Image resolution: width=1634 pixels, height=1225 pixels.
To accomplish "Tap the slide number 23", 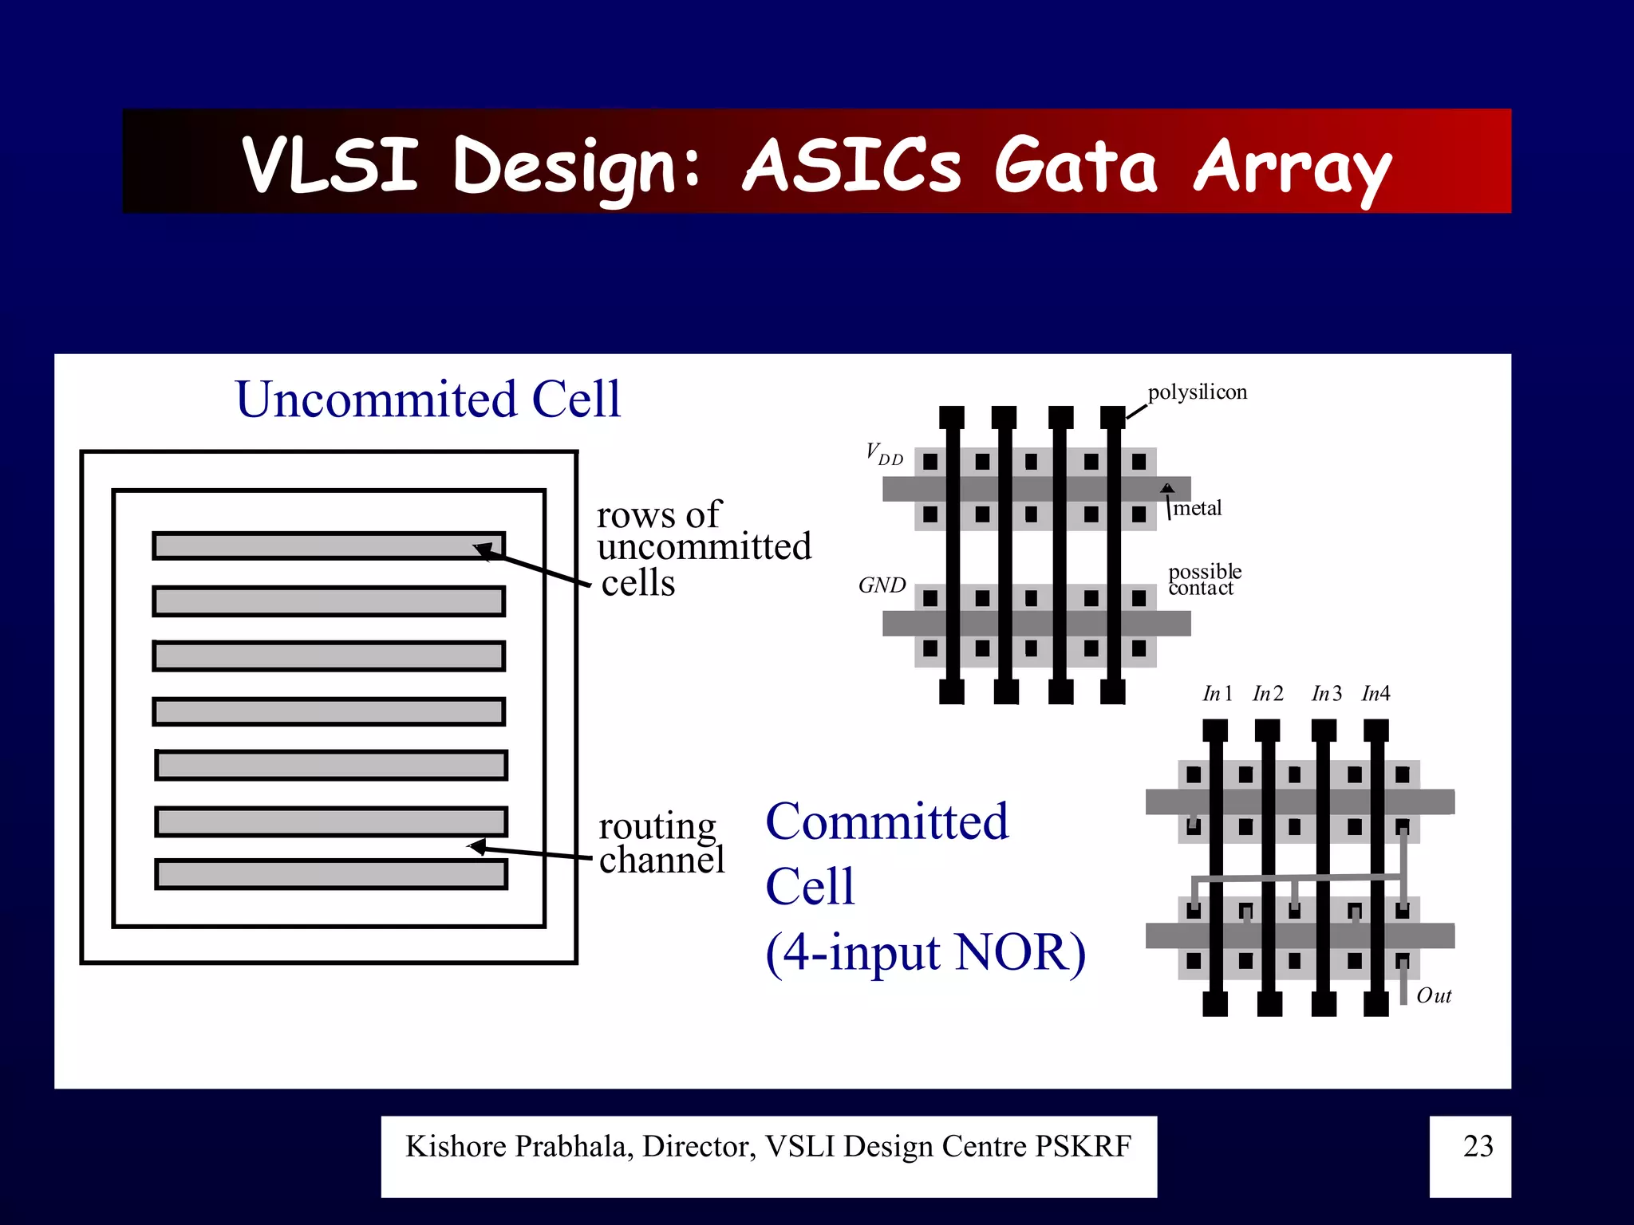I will pyautogui.click(x=1478, y=1146).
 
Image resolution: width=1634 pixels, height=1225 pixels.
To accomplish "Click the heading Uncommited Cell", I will pyautogui.click(x=428, y=399).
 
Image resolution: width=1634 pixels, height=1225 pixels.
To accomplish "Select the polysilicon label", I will pyautogui.click(x=1197, y=392).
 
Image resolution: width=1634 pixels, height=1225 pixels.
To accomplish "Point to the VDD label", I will pyautogui.click(x=884, y=455).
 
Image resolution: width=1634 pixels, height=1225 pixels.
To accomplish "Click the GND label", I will pyautogui.click(x=882, y=585).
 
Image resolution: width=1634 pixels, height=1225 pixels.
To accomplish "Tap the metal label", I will pyautogui.click(x=1198, y=509).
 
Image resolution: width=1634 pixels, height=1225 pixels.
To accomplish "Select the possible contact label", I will pyautogui.click(x=1204, y=580).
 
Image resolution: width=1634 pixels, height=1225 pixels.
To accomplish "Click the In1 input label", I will pyautogui.click(x=1218, y=694).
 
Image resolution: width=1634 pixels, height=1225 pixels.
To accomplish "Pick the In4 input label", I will pyautogui.click(x=1375, y=694).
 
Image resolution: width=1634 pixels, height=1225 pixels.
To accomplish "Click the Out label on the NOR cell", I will pyautogui.click(x=1433, y=996).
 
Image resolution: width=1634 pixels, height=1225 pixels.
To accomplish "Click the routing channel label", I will pyautogui.click(x=661, y=842).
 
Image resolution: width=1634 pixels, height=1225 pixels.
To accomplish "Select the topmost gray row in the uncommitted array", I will pyautogui.click(x=329, y=546).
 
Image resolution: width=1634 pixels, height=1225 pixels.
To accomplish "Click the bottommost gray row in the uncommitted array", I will pyautogui.click(x=331, y=874).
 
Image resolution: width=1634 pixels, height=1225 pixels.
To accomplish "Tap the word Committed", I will pyautogui.click(x=886, y=821).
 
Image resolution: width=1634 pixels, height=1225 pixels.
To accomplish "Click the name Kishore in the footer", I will pyautogui.click(x=456, y=1147).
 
